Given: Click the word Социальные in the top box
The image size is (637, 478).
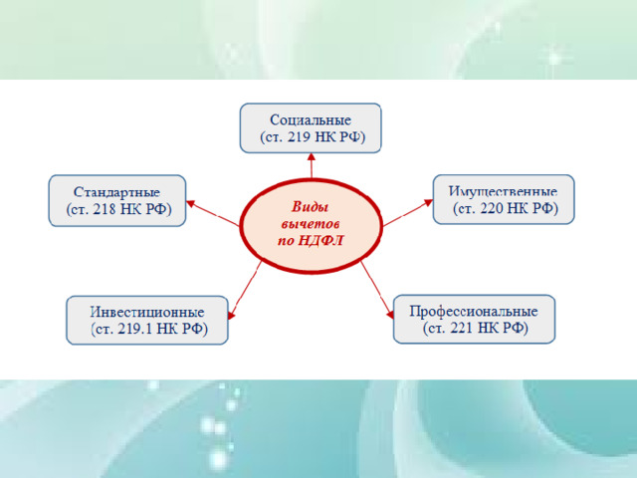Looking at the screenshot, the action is (x=311, y=119).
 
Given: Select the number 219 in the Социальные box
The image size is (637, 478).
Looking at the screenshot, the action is (x=300, y=137).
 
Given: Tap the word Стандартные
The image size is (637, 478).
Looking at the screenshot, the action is (x=117, y=192).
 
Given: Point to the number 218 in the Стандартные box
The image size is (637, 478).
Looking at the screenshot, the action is (x=106, y=209).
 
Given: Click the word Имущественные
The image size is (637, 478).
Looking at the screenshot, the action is (x=503, y=191).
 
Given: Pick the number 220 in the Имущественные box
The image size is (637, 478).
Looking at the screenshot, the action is (x=493, y=208).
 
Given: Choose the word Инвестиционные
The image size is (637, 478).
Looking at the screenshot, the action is (x=147, y=312).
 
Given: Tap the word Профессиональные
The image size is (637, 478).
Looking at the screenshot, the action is (x=474, y=312).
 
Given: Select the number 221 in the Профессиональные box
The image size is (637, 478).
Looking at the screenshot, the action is (x=462, y=328).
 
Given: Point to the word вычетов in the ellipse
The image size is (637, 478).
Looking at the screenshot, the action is (x=311, y=224).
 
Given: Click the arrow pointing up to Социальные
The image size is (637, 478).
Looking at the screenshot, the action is (x=312, y=165).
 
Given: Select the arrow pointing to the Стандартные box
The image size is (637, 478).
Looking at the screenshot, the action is (x=212, y=213).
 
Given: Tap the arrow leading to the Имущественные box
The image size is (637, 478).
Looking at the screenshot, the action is (x=408, y=212).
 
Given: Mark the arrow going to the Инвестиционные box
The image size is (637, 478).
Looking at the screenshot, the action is (x=245, y=291).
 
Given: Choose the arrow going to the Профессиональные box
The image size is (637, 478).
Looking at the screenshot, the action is (x=377, y=290).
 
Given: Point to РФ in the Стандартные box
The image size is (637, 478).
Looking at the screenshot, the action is (x=156, y=209).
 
